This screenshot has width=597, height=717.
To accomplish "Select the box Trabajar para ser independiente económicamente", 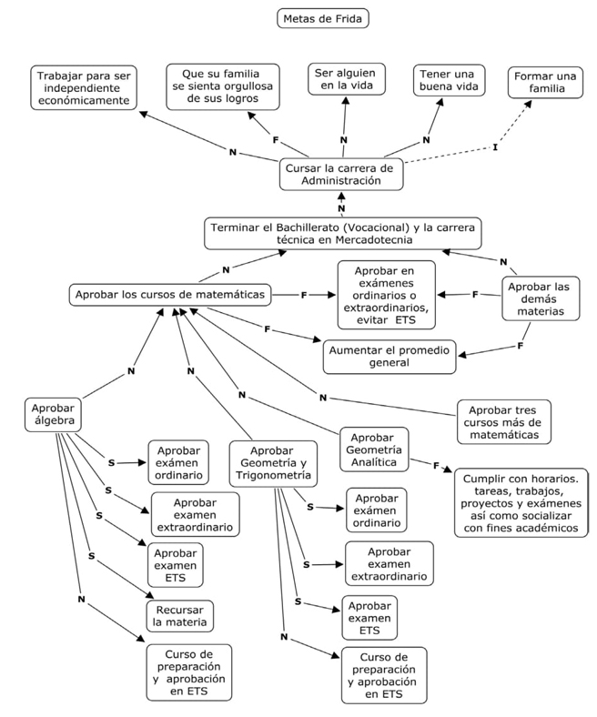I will [x=84, y=86].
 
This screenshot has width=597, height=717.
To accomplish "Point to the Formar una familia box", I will [x=544, y=83].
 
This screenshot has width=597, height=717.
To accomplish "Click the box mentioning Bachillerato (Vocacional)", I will [x=342, y=234].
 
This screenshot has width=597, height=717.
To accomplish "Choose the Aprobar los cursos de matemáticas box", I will [x=171, y=295].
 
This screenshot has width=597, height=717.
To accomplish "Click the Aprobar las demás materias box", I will [x=542, y=299].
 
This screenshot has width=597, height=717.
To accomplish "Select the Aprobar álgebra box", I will [x=54, y=414].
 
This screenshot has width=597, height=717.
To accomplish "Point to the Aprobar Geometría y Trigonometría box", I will [x=271, y=463].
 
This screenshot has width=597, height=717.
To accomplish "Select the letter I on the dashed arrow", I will [x=495, y=146].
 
